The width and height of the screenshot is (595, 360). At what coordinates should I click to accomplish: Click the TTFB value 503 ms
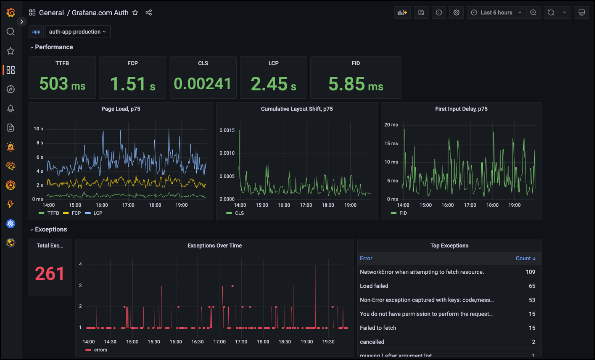62,84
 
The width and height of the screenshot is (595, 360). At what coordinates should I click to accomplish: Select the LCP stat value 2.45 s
273,84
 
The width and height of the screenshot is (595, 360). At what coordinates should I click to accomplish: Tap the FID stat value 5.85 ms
356,84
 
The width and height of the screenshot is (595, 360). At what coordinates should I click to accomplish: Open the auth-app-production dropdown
78,32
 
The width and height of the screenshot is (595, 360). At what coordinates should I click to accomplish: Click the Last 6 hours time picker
496,13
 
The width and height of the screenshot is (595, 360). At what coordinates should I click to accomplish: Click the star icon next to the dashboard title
135,13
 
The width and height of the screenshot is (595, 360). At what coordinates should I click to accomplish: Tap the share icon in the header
149,13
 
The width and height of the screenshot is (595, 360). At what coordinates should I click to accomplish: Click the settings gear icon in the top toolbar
456,13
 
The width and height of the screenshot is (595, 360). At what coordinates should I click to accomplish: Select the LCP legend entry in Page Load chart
97,213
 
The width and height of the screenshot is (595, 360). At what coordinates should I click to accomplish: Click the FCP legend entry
76,213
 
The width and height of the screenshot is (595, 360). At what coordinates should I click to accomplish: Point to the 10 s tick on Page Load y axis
38,129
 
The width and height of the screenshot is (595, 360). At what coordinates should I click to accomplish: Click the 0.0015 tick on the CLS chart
227,130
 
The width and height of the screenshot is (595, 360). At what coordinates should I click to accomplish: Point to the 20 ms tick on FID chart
391,125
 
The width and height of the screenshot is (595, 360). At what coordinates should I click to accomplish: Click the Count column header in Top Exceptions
525,258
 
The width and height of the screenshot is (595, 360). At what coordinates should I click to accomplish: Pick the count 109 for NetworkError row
530,272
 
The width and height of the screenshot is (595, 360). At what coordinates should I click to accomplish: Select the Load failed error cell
374,286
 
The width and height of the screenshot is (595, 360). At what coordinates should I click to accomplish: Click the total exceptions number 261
50,273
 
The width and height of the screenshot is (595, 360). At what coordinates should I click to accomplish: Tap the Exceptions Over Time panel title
214,246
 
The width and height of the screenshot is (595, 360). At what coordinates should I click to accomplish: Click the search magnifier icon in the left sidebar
10,32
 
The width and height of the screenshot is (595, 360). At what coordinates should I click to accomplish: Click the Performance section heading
54,47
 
